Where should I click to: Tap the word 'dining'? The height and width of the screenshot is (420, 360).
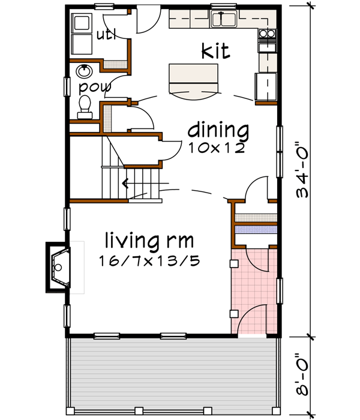coord(217,129)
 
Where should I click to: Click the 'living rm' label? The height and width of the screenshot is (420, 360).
coord(149,241)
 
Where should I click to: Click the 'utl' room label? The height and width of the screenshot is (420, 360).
coord(106,35)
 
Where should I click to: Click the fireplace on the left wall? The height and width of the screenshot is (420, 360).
coord(58,267)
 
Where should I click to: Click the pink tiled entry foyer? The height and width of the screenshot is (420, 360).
coord(254,288)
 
